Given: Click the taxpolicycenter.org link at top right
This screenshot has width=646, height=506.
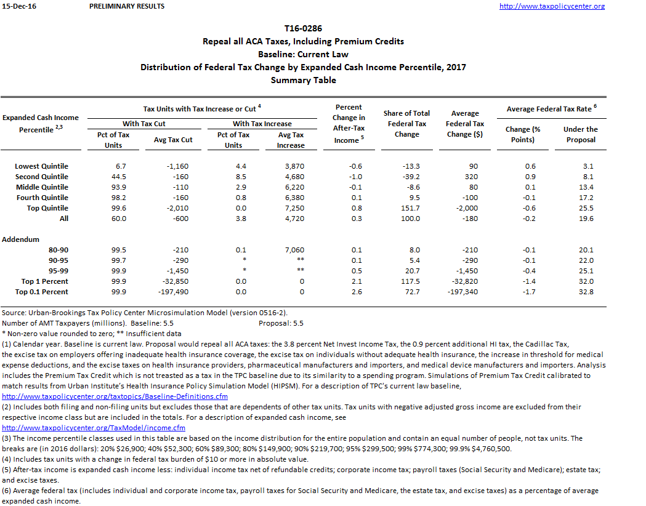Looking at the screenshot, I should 551,6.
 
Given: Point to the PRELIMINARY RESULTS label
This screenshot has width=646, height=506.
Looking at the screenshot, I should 127,6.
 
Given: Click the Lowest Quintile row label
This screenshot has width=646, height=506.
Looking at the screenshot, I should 41,166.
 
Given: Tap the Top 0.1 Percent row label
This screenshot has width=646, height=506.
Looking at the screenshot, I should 41,292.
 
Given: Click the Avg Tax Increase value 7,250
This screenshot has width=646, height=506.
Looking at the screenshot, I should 291,208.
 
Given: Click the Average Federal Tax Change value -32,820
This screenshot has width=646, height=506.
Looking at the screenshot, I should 465,281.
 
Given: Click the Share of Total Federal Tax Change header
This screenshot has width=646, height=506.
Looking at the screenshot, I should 406,123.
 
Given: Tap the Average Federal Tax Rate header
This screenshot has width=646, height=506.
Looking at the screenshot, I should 552,109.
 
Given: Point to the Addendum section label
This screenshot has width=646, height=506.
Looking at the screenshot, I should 20,239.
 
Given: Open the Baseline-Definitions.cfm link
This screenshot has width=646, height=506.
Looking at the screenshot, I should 115,396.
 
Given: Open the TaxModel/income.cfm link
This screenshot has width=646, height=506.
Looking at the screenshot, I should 94,428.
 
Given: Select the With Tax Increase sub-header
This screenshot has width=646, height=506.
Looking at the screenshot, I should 262,124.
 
